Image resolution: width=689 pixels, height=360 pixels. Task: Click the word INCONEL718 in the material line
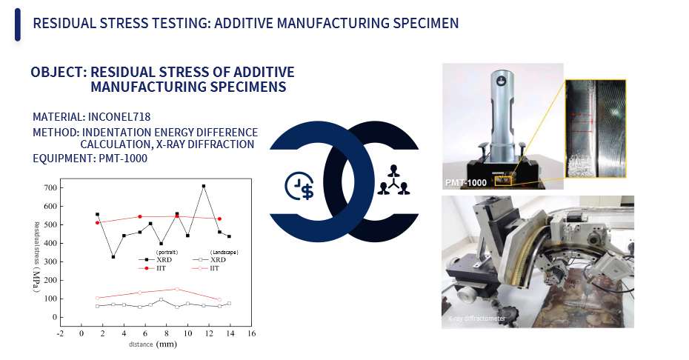click(x=119, y=117)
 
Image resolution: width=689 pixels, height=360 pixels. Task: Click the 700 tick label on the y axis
click(x=50, y=187)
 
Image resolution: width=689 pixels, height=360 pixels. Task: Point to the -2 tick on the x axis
click(x=60, y=333)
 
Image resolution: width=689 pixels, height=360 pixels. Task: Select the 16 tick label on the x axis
click(x=251, y=333)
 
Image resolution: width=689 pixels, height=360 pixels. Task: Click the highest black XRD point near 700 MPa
click(x=204, y=187)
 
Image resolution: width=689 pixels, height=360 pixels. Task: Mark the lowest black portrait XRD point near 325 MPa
click(x=113, y=257)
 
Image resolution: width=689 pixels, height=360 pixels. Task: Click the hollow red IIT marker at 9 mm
click(x=176, y=289)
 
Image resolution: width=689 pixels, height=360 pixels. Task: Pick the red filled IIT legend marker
click(x=147, y=268)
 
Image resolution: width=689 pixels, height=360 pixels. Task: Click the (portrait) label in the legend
click(x=167, y=253)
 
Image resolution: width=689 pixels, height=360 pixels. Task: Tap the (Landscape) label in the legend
click(x=224, y=253)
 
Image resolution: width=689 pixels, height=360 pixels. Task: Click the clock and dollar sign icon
click(x=300, y=185)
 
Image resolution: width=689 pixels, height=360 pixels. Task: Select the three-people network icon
click(x=393, y=180)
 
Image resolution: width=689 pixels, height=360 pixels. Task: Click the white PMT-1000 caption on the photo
click(x=466, y=182)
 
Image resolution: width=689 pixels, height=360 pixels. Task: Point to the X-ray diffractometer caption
click(x=476, y=319)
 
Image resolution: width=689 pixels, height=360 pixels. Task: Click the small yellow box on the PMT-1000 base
click(x=503, y=181)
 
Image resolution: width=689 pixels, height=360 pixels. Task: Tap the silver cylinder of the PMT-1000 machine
click(x=502, y=114)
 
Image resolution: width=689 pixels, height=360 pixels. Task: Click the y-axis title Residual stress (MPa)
click(x=37, y=257)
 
